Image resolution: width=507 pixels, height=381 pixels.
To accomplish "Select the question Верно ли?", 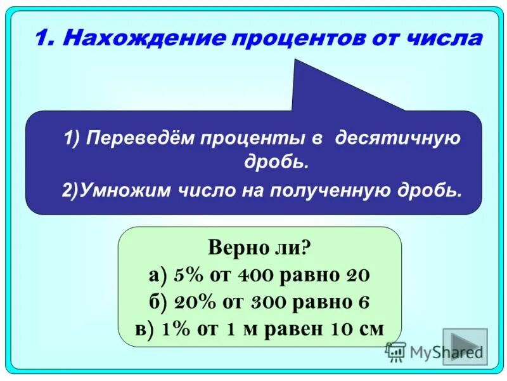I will (x=259, y=247).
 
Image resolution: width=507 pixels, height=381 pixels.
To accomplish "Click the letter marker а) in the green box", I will (x=158, y=275).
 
